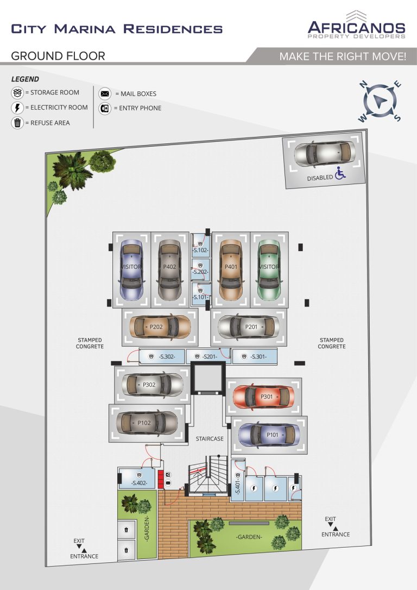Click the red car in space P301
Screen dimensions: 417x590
(263, 397)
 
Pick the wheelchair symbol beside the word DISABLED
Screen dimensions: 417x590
(340, 173)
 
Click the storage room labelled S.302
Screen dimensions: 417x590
(162, 356)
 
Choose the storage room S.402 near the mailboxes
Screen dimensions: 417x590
(137, 479)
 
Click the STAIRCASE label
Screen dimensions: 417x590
(210, 438)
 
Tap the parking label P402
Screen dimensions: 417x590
(169, 266)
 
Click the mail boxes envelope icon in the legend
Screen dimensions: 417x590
(105, 93)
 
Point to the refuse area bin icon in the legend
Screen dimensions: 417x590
(17, 123)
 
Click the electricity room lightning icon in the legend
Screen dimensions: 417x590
(17, 108)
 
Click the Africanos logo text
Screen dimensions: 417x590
(357, 28)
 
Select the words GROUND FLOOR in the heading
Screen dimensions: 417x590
(58, 56)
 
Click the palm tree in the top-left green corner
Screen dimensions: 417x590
(72, 170)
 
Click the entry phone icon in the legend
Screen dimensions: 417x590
(105, 108)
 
